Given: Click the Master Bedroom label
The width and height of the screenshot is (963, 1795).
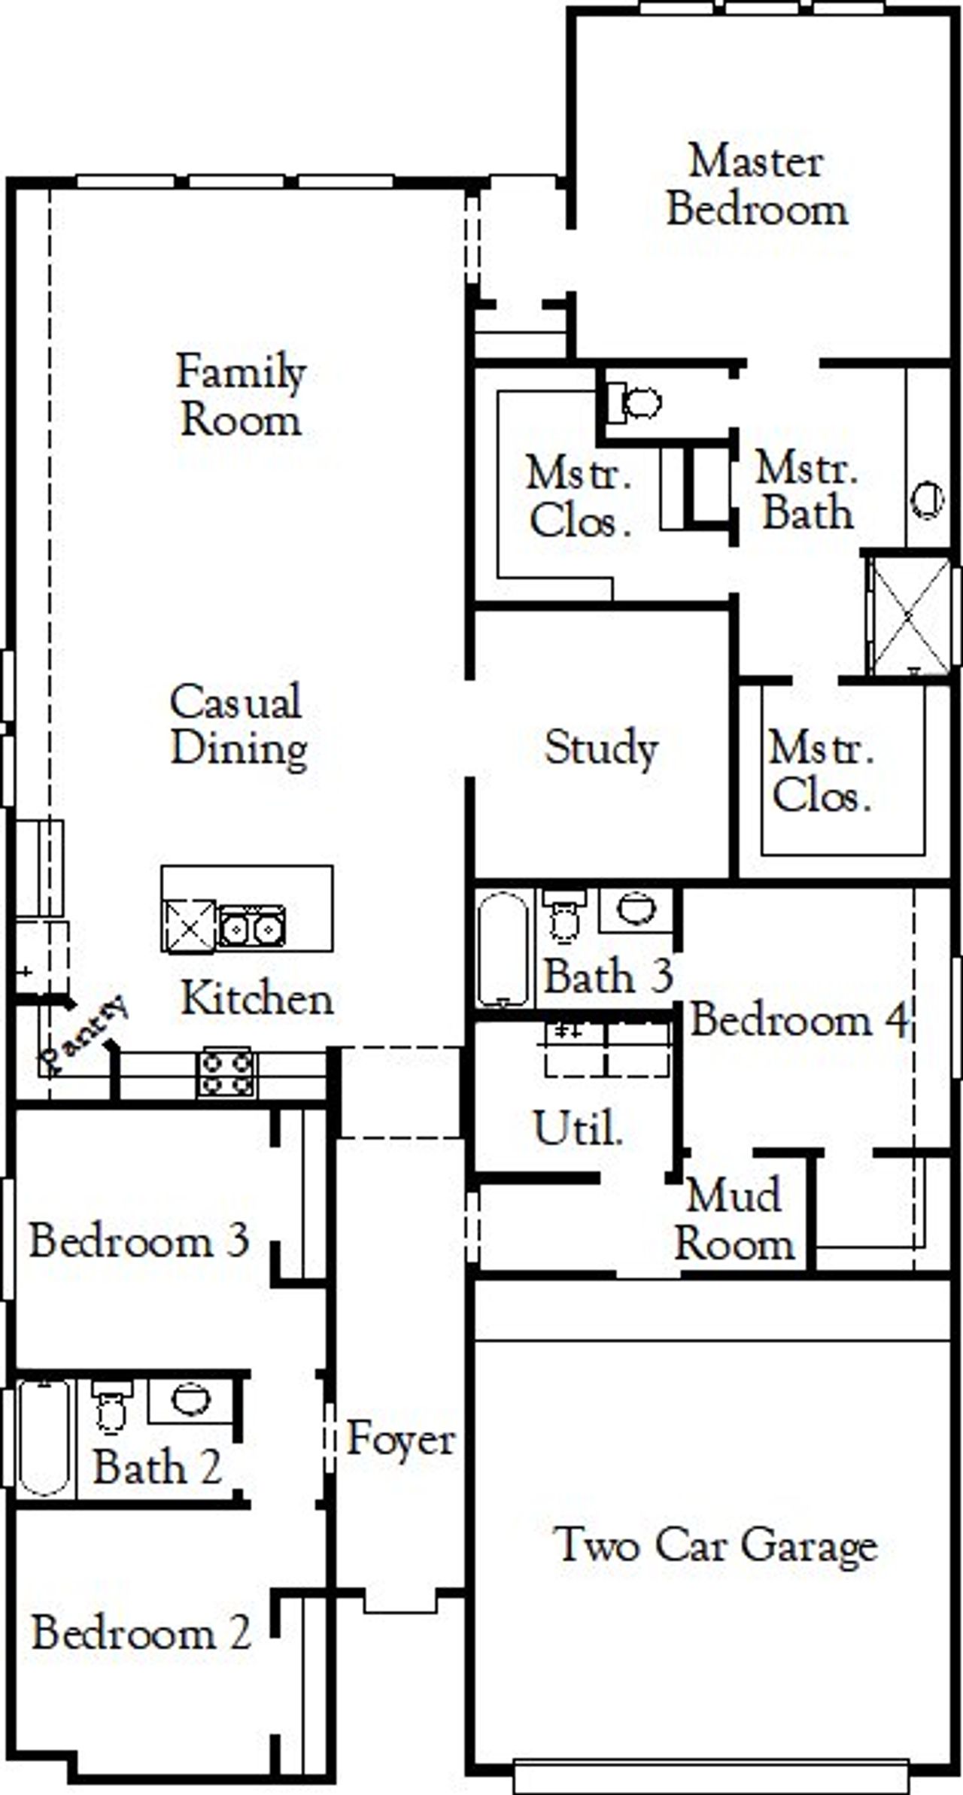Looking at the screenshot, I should click(x=757, y=186).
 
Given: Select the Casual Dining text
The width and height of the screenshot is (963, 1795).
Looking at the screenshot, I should click(x=238, y=724).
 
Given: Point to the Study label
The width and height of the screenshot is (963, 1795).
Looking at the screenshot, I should click(x=601, y=748).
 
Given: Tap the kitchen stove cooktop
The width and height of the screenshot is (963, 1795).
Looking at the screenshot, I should click(x=225, y=1073).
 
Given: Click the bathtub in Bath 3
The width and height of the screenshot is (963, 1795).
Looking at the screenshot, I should click(x=503, y=948).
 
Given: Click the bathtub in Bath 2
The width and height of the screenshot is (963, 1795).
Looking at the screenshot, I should click(x=44, y=1437).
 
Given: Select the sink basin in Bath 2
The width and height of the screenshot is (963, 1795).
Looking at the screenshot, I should click(x=190, y=1400).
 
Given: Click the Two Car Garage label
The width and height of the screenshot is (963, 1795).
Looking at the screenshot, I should click(x=715, y=1546).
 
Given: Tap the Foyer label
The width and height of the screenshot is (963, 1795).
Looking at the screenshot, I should click(x=400, y=1439).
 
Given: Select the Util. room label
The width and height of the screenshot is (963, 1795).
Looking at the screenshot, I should click(x=578, y=1128).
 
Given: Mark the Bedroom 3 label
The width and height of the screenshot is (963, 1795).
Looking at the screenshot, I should click(x=139, y=1240).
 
